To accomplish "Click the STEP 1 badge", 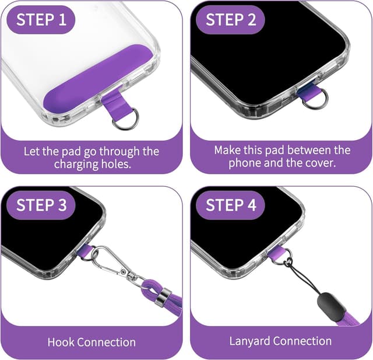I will tap(41, 19).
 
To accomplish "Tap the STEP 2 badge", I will tap(231, 19).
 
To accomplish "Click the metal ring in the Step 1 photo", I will tap(125, 119).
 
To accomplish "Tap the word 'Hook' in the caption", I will tap(61, 342).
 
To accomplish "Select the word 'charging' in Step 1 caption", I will tap(76, 164).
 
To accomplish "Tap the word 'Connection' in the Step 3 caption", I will tap(107, 342).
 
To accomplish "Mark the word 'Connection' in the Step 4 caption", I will tap(302, 341).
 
